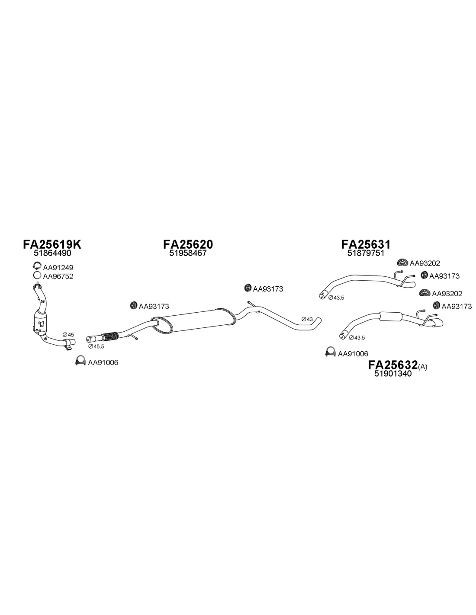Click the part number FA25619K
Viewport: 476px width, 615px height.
[52, 244]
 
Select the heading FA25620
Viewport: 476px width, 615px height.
[188, 244]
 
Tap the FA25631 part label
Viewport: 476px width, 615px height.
[366, 244]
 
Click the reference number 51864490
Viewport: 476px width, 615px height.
[52, 253]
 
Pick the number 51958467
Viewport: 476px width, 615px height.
[188, 253]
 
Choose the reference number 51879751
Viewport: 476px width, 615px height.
[366, 253]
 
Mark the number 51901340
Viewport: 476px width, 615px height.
[393, 374]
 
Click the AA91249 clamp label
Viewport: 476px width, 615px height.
[58, 267]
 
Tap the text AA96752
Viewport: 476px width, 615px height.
[58, 276]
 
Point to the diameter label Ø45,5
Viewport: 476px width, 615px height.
[96, 346]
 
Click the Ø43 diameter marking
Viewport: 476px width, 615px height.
[307, 319]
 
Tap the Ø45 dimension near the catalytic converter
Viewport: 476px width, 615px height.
[68, 335]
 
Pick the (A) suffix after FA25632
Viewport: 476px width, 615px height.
[422, 367]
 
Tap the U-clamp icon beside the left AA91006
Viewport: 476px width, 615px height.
[80, 360]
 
